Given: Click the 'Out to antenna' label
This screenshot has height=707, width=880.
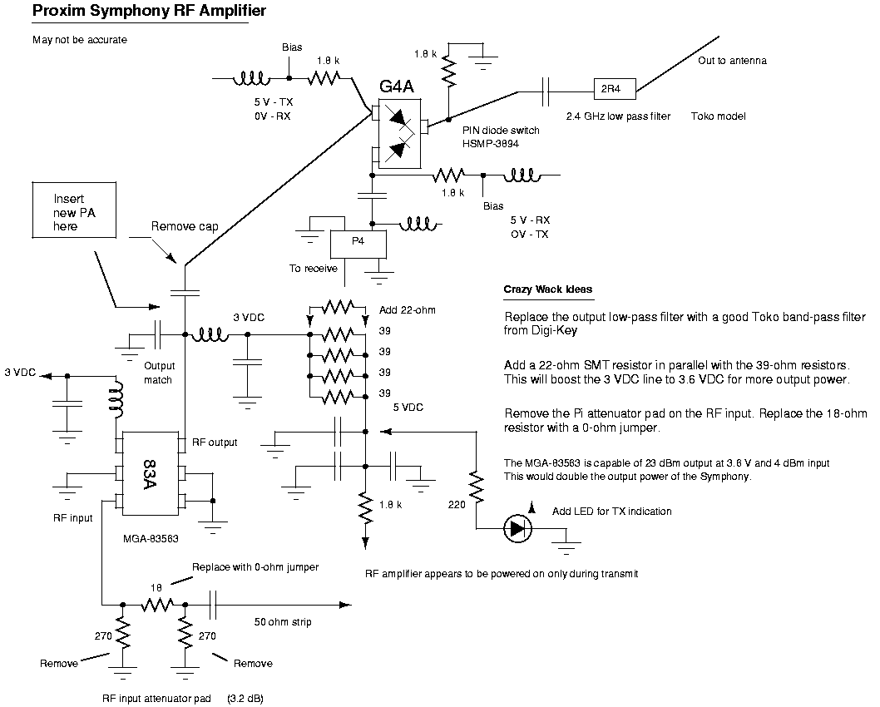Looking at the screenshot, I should tap(732, 61).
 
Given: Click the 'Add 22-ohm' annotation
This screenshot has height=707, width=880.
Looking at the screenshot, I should tap(407, 309).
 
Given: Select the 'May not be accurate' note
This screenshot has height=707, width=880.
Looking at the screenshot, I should tap(80, 39).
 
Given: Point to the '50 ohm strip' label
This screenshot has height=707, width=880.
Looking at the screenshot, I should tap(283, 620).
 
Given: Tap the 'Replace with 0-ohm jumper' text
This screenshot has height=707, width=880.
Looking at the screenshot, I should tap(255, 566).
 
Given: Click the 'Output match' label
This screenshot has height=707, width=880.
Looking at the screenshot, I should tap(158, 373).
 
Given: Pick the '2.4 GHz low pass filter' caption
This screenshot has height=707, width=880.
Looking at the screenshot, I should tap(617, 116).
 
